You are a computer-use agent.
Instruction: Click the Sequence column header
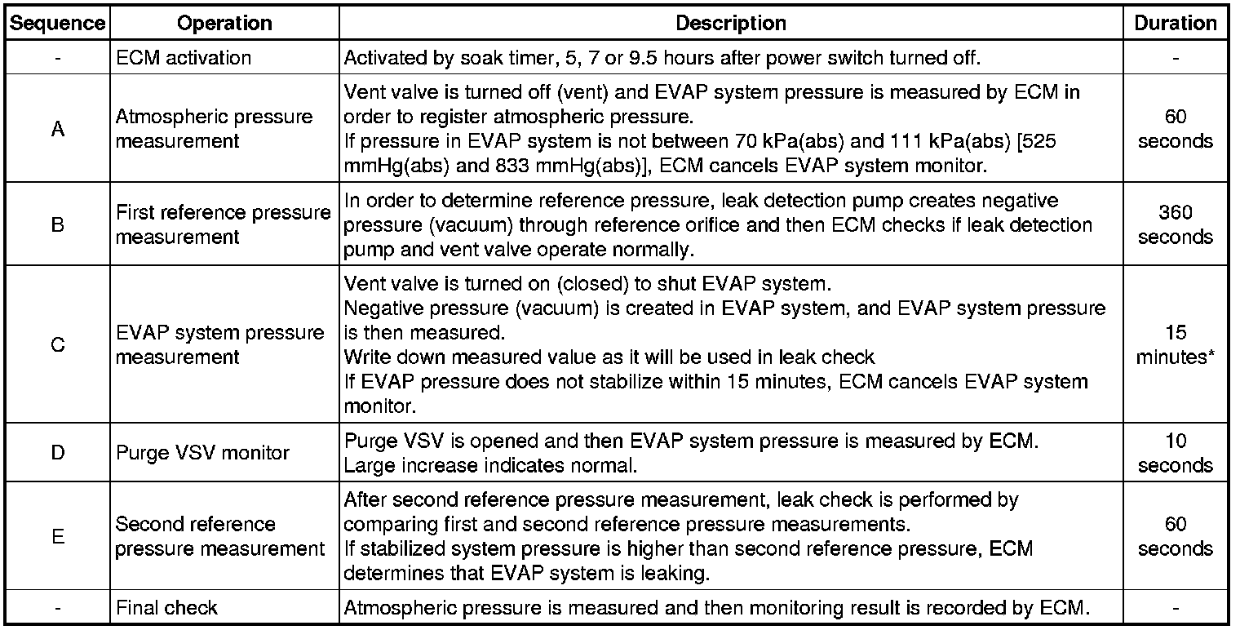[57, 24]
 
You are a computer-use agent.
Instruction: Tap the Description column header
[730, 24]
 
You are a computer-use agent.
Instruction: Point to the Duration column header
[1175, 24]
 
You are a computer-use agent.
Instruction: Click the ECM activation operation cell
[184, 58]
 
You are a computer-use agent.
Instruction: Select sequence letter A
[57, 129]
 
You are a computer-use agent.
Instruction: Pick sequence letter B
[57, 224]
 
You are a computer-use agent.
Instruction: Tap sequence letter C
[57, 345]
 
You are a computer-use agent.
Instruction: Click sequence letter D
[57, 452]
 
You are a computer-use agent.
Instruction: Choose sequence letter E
[57, 536]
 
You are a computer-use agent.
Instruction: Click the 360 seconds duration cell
[1175, 224]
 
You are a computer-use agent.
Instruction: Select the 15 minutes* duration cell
[1175, 345]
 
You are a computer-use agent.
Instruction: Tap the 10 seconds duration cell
[1175, 452]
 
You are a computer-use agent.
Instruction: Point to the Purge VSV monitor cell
[202, 452]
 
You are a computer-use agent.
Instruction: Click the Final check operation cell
[167, 607]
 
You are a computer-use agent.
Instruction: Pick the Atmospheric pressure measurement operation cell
[214, 129]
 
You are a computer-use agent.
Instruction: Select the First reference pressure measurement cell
[223, 224]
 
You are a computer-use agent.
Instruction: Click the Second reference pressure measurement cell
[219, 536]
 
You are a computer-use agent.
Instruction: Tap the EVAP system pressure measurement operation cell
[219, 345]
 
